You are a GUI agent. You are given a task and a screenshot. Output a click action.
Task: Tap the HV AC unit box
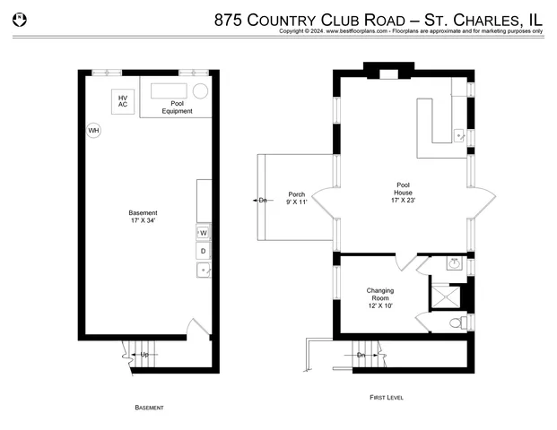(123, 101)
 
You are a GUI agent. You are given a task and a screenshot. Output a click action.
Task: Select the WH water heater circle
(93, 131)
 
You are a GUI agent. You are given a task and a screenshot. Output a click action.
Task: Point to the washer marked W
(203, 233)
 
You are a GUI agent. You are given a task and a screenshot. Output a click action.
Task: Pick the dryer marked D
(203, 251)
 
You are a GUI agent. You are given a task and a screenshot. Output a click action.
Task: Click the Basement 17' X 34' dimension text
(143, 217)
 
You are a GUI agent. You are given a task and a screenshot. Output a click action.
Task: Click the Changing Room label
(380, 296)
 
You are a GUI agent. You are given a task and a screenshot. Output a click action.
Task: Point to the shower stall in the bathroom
(447, 295)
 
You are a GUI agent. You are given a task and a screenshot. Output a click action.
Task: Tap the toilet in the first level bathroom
(455, 322)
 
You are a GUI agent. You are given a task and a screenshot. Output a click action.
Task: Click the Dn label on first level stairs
(361, 356)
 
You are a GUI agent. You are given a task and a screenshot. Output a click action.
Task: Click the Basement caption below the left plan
(149, 408)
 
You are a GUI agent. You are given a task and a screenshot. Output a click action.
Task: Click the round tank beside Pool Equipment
(201, 90)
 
